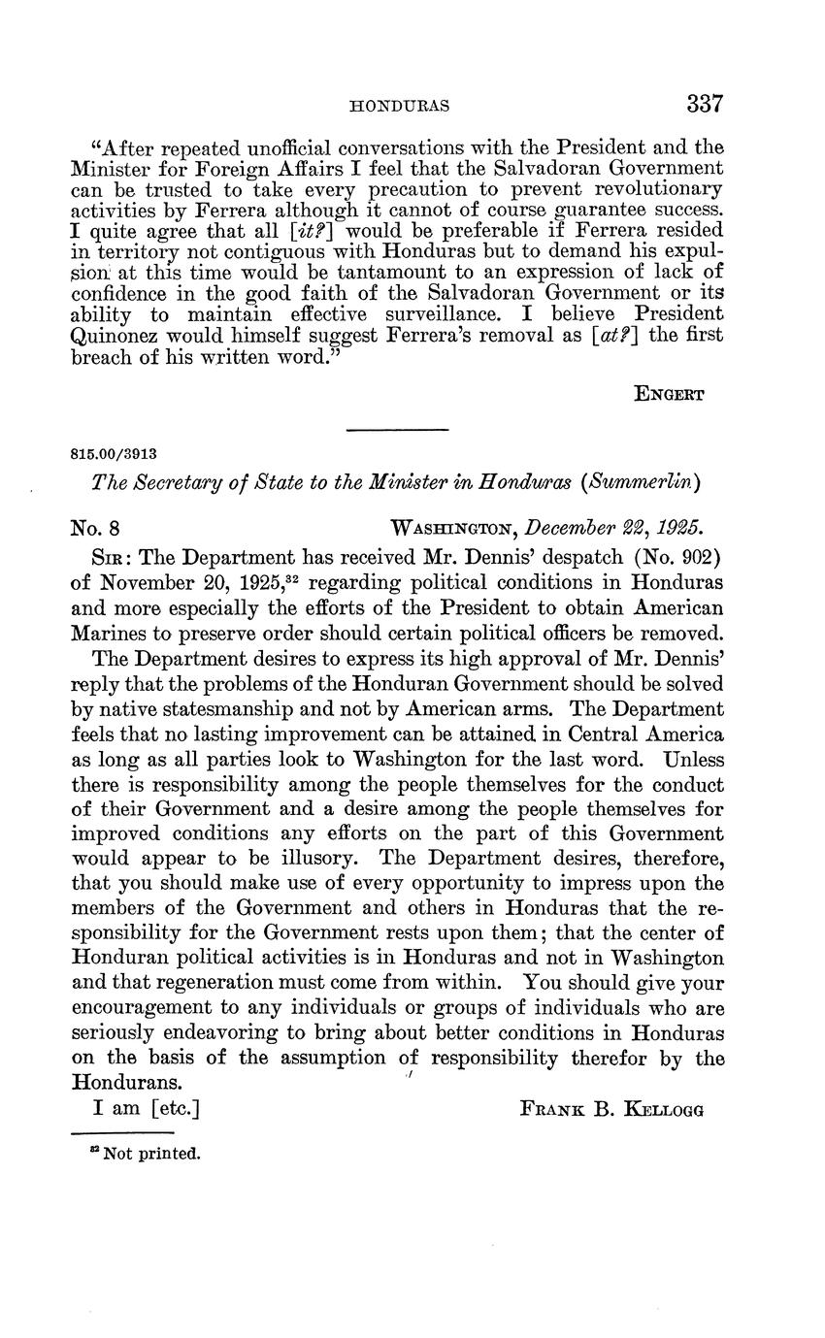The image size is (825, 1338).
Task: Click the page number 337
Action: click(706, 104)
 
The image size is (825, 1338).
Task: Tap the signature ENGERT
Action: click(670, 394)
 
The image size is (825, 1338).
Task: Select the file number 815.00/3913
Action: click(115, 452)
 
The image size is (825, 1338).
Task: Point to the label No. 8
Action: click(95, 529)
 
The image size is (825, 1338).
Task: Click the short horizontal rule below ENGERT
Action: click(397, 430)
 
